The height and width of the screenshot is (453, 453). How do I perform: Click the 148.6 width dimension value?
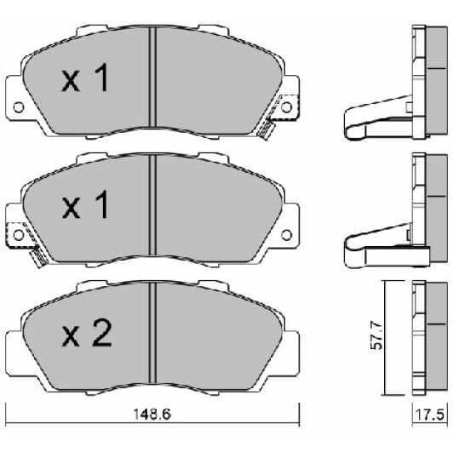[x=152, y=415]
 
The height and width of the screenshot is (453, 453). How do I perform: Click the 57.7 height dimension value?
[x=376, y=335]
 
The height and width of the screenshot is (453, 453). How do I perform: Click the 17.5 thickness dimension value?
[x=429, y=415]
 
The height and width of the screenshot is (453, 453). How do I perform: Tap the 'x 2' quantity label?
[x=86, y=334]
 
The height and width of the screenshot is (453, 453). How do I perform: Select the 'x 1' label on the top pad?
[x=85, y=77]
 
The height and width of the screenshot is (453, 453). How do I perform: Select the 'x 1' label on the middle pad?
[x=85, y=205]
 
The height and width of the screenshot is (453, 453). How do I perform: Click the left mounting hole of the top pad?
[x=19, y=107]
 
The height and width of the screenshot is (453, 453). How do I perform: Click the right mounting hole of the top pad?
[x=286, y=107]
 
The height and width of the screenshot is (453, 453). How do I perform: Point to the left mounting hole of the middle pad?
[x=19, y=235]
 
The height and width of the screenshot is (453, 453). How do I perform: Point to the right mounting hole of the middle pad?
[x=286, y=235]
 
